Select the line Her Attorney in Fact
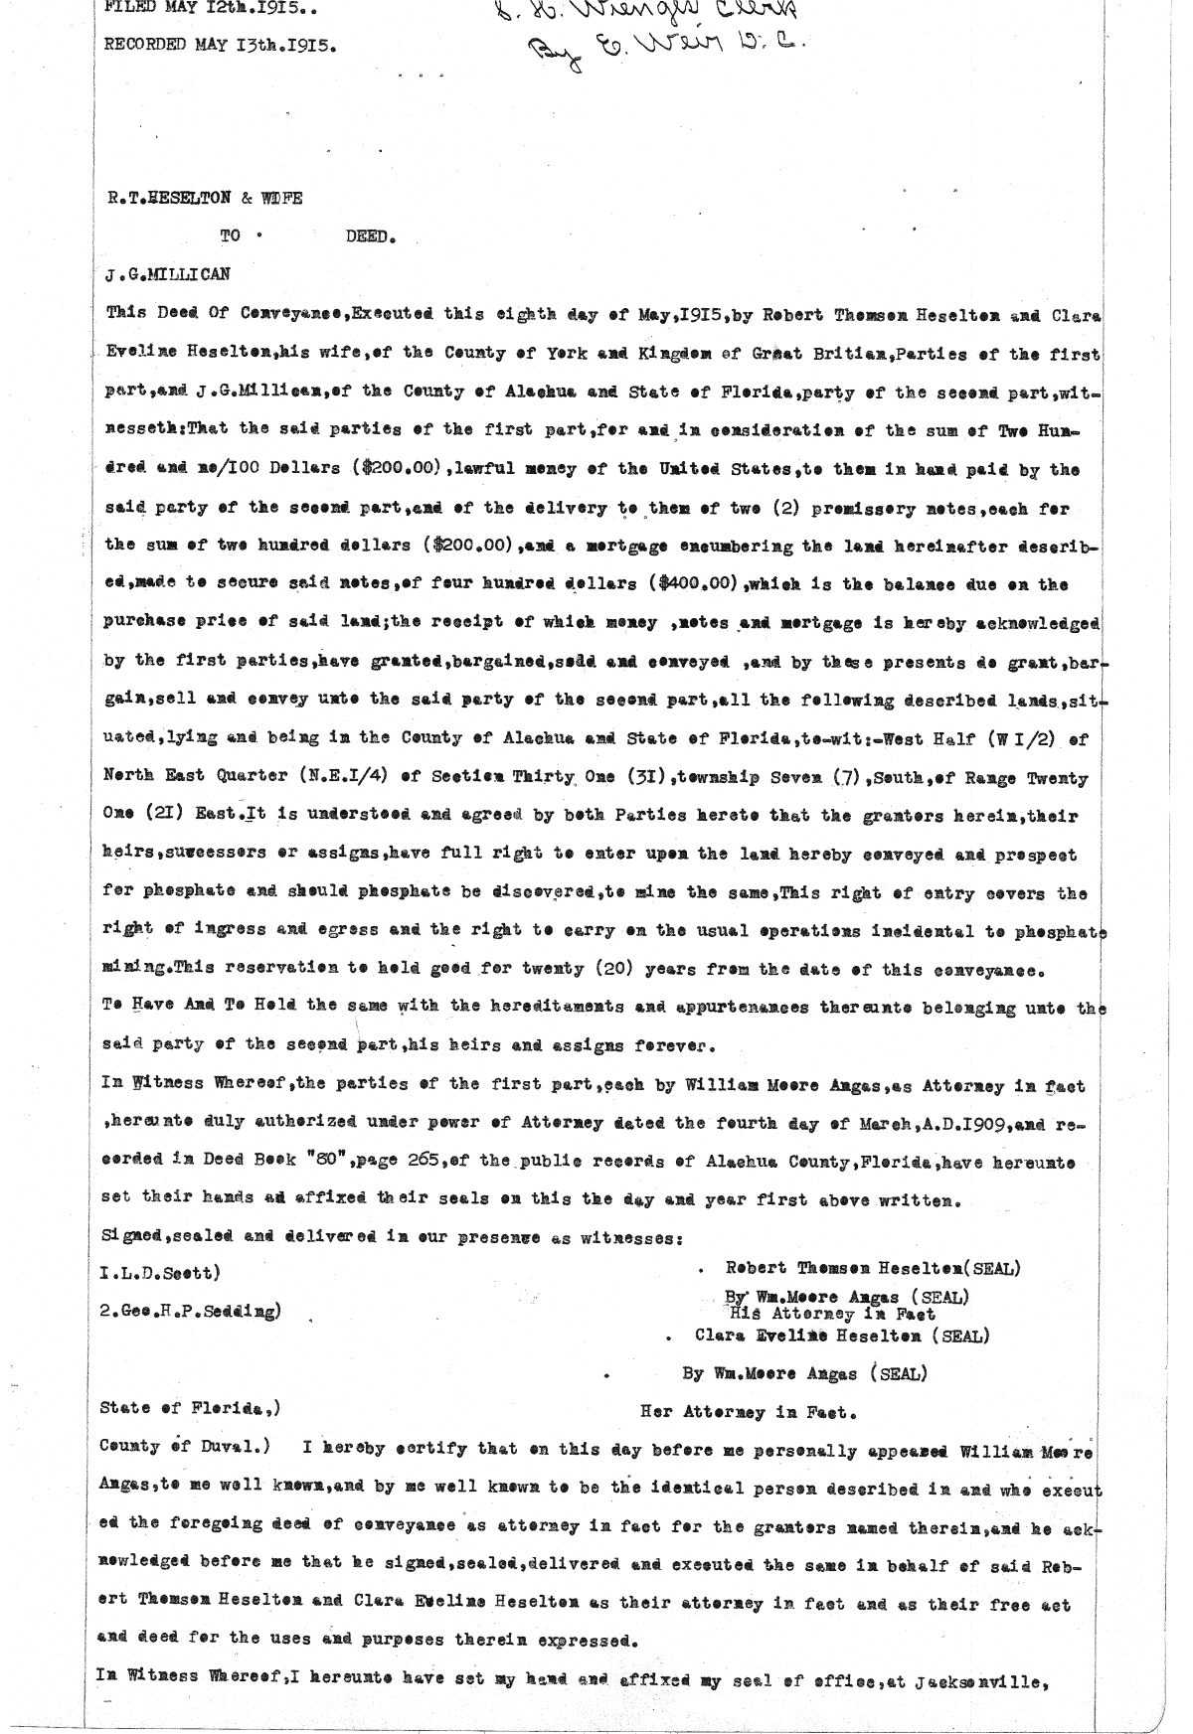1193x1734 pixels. (x=749, y=1410)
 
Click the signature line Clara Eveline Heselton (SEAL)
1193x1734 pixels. (x=842, y=1337)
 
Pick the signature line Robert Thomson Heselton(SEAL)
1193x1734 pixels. (x=873, y=1268)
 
